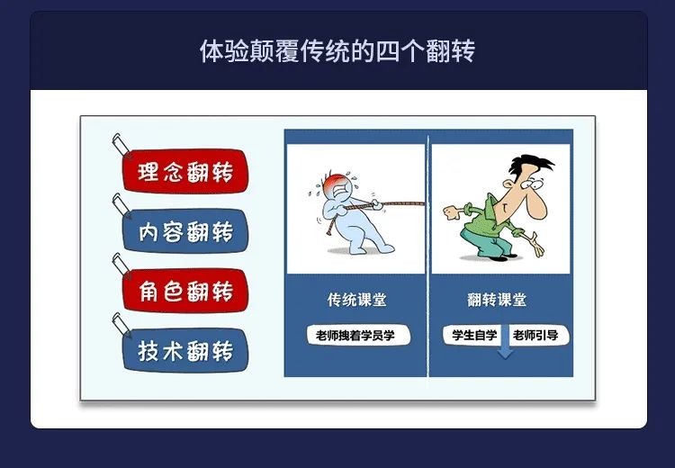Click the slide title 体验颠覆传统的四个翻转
point(337,50)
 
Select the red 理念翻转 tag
point(185,171)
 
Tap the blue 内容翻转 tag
point(185,230)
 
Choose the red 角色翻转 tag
point(185,291)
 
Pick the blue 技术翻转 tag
point(185,350)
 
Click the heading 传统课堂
point(357,300)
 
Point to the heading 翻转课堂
point(497,300)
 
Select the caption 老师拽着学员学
point(355,336)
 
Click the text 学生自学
point(474,335)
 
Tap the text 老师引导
point(535,335)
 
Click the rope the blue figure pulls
point(379,205)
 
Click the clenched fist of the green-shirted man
point(450,212)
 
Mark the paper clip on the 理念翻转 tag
point(122,146)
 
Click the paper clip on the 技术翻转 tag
point(122,325)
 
